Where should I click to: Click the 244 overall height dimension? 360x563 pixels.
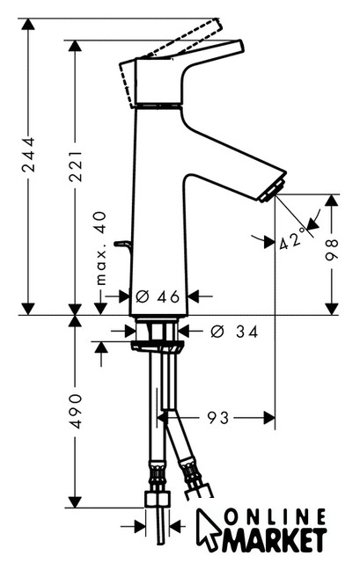click(x=29, y=154)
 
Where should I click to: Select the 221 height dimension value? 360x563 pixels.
click(x=76, y=166)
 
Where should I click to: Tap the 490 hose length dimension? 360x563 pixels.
click(x=76, y=411)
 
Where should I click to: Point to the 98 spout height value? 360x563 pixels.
click(x=332, y=250)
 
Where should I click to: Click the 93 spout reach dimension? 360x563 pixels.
click(x=218, y=418)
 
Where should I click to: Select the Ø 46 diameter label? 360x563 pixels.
click(x=158, y=296)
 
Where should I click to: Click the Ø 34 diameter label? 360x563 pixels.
click(x=234, y=332)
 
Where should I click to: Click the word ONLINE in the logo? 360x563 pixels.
click(x=275, y=518)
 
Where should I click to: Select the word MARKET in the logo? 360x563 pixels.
click(x=275, y=540)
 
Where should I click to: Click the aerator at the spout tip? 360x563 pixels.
click(x=273, y=189)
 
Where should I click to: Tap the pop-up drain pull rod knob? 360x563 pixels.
click(x=121, y=245)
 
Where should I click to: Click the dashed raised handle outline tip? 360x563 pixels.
click(x=217, y=21)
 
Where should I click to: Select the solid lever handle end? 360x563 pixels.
click(x=239, y=46)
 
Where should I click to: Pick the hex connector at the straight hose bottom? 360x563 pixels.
click(x=158, y=500)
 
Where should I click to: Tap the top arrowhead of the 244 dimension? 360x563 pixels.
click(x=28, y=26)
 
